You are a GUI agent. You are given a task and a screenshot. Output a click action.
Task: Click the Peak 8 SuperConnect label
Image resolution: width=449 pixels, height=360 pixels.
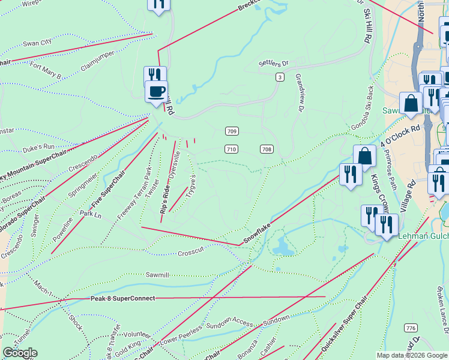(x=123, y=298)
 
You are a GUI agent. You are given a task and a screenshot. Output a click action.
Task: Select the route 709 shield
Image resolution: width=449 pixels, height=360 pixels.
(x=232, y=131)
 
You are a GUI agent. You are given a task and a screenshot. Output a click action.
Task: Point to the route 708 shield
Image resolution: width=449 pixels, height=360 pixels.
(x=267, y=149)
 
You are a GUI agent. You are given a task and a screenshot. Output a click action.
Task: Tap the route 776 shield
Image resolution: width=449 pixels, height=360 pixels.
(x=411, y=328)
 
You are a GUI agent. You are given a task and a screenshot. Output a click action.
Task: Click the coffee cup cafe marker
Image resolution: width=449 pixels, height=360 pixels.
(x=157, y=92)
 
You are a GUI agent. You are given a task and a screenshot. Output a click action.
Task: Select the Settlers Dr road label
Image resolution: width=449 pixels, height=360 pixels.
(x=273, y=62)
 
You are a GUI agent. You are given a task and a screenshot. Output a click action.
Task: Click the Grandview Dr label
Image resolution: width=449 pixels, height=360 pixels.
(x=298, y=93)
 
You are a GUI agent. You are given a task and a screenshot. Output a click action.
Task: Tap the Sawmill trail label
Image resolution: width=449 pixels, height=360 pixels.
(x=157, y=274)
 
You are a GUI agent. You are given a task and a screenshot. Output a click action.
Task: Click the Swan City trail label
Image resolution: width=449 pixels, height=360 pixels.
(x=37, y=43)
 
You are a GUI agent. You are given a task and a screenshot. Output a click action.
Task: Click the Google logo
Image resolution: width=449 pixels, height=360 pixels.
(x=20, y=353)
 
